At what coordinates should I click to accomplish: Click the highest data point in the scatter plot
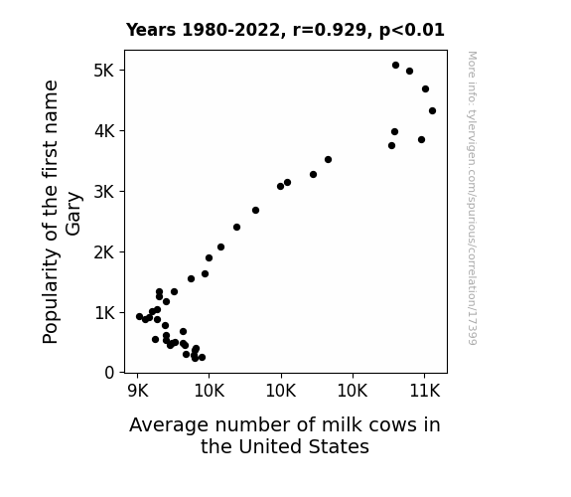pos(395,65)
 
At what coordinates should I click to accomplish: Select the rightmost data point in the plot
pos(432,111)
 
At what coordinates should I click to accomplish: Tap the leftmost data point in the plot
pos(139,316)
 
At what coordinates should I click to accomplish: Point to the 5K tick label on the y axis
pos(104,70)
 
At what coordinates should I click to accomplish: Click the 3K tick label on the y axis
pos(104,192)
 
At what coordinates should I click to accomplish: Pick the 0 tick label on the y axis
pos(109,373)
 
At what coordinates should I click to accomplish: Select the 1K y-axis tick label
pos(104,313)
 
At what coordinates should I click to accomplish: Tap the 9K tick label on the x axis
pos(138,391)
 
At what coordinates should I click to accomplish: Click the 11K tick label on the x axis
pos(425,391)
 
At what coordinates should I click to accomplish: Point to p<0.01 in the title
pos(412,30)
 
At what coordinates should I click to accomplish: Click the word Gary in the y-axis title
pos(73,214)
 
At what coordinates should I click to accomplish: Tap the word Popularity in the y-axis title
pos(51,296)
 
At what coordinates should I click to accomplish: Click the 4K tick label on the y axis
pos(104,130)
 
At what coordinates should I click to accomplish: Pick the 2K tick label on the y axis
pos(104,251)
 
